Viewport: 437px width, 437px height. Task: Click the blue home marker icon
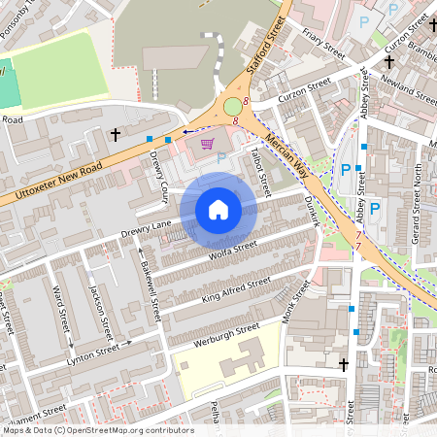(x=218, y=210)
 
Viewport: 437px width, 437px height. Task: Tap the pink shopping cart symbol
(x=206, y=145)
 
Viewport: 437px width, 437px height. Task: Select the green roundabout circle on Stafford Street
(x=234, y=106)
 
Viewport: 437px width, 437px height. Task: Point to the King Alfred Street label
(x=236, y=288)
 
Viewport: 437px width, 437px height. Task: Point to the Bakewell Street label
(x=151, y=287)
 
